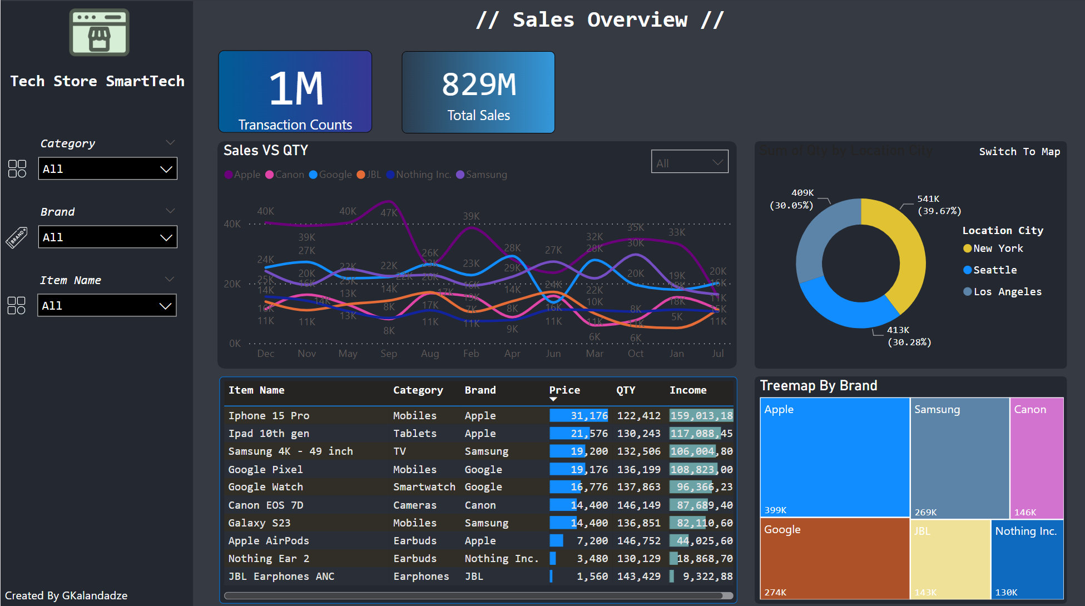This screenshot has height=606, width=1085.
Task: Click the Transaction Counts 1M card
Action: coord(295,92)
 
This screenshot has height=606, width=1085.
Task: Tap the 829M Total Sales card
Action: coord(478,92)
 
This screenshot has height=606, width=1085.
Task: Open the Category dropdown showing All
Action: coord(107,168)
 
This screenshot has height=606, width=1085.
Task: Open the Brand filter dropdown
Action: coord(107,237)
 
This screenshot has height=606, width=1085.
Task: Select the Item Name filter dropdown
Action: coord(107,305)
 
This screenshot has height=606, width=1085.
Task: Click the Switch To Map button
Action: coord(1019,151)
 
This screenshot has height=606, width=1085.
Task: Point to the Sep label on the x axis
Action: coord(389,354)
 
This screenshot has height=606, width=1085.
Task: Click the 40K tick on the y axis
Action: coord(232,224)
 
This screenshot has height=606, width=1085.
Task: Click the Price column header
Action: coord(564,390)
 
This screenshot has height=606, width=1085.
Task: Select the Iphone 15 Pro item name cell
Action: coord(269,416)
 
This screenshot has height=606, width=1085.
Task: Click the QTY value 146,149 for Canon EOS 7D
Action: coord(638,505)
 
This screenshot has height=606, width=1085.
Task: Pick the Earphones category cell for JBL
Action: coord(421,577)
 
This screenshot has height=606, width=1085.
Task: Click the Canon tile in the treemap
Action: coord(1037,456)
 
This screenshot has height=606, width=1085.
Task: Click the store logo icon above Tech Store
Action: coord(99,32)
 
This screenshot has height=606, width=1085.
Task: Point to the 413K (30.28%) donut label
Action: coord(909,336)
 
